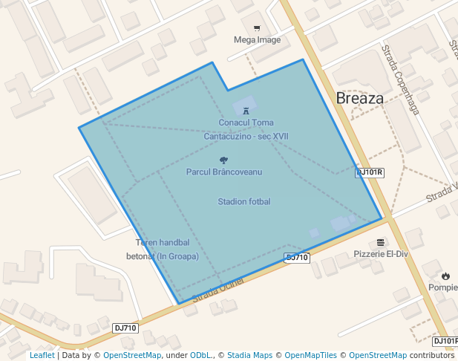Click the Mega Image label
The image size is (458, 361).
(x=257, y=39)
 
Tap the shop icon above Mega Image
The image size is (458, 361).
(x=257, y=28)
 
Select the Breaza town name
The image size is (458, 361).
(x=360, y=98)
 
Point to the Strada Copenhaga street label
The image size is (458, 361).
(x=400, y=79)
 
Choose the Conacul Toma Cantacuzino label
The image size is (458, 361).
(x=246, y=129)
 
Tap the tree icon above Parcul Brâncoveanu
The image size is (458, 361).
(x=223, y=160)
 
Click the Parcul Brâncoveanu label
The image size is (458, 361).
(x=223, y=172)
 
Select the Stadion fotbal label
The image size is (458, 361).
(x=244, y=201)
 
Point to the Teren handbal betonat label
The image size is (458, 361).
(x=167, y=250)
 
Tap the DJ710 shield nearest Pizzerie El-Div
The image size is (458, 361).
(x=297, y=257)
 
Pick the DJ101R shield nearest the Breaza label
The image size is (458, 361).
(x=370, y=172)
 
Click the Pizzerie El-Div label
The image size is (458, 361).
(x=381, y=253)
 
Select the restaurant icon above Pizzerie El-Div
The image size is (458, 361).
(x=381, y=242)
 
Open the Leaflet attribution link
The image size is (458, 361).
(x=42, y=355)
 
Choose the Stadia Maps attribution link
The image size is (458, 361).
(x=249, y=355)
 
